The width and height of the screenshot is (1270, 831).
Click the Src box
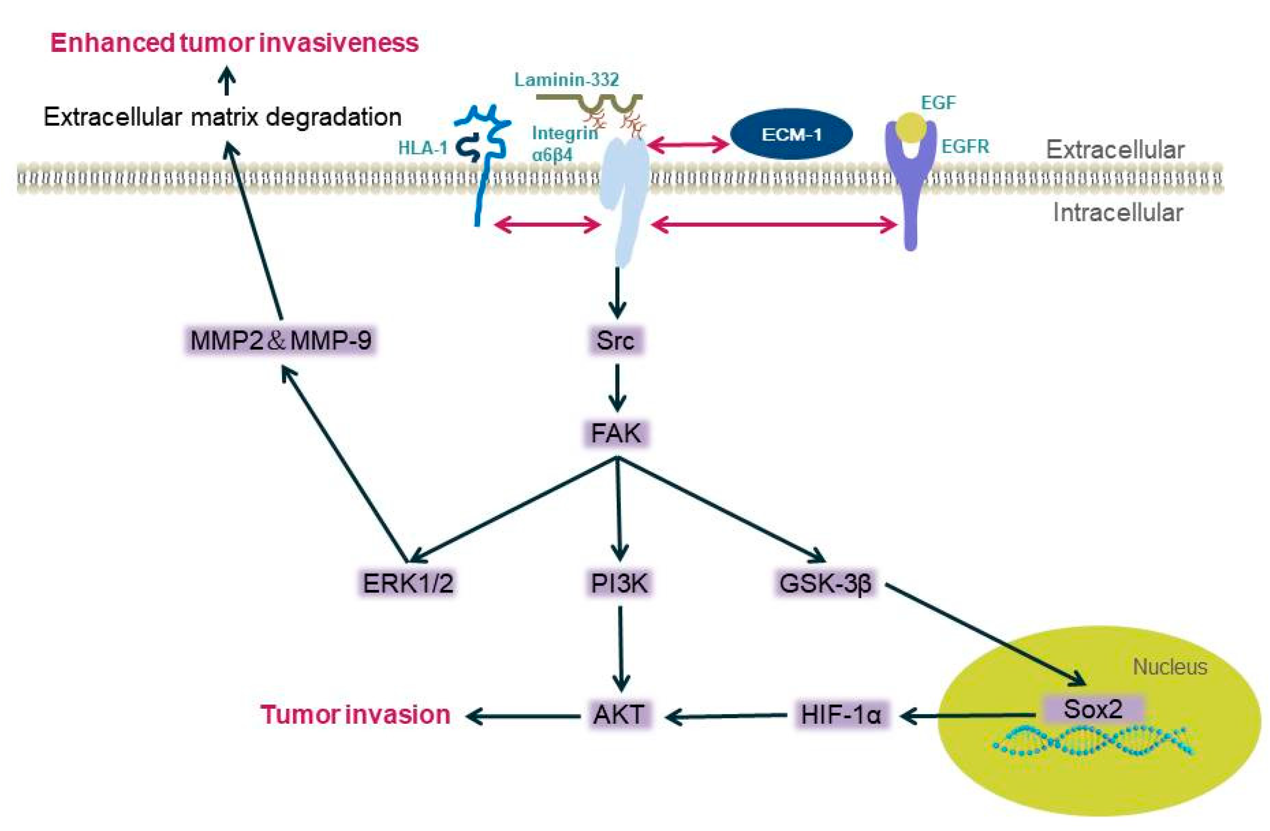click(x=616, y=340)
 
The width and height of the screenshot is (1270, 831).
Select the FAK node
click(x=616, y=433)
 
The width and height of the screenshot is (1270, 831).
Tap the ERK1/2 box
click(x=408, y=583)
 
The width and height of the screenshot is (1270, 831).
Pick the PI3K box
click(x=619, y=583)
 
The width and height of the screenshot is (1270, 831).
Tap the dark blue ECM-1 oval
click(x=791, y=135)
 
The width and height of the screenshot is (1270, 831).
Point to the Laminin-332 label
click(x=567, y=80)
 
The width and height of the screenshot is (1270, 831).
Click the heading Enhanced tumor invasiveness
click(x=234, y=43)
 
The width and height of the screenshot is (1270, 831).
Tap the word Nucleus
click(x=1170, y=667)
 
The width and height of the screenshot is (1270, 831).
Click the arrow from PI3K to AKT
click(x=621, y=648)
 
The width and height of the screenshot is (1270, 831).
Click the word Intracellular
click(x=1118, y=212)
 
